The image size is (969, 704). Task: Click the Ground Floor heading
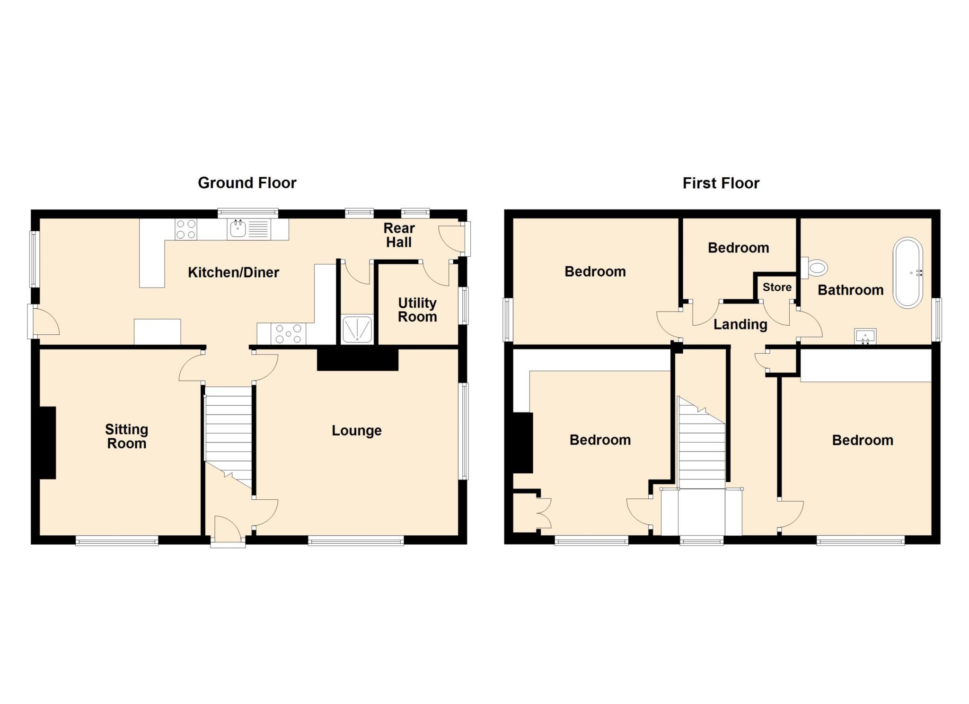pos(247,183)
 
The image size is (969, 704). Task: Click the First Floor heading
pos(720,183)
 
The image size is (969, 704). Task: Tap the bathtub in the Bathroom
pos(907,273)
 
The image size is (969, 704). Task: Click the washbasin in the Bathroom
pos(865,336)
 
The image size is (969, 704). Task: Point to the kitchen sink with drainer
pos(248,229)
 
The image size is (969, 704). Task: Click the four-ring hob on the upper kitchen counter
pos(185,229)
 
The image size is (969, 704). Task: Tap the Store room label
pos(776,287)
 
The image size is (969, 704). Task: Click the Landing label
pos(740,324)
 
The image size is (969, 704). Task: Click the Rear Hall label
pos(398,235)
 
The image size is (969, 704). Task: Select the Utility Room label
pos(417,310)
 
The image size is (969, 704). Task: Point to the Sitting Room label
pos(126,436)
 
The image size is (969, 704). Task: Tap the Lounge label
pos(356,430)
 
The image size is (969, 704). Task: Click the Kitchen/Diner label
pos(233,272)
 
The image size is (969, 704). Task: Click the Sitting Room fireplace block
pos(47,443)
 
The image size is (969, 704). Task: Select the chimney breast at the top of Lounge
pos(357,360)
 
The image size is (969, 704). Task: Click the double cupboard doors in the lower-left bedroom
pos(544,513)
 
